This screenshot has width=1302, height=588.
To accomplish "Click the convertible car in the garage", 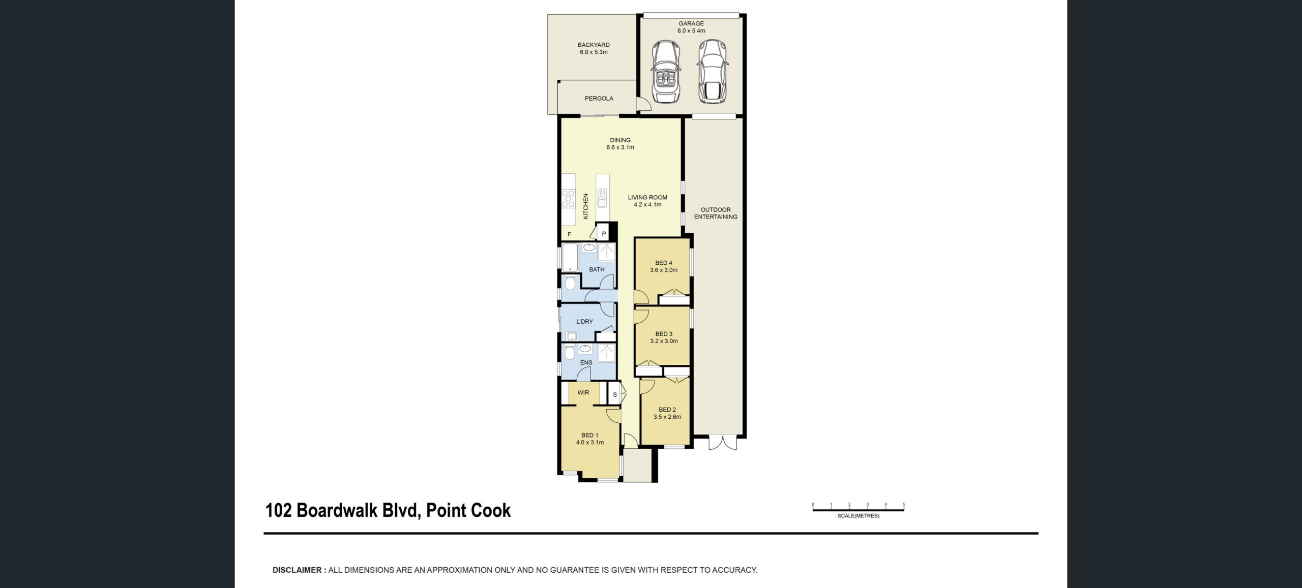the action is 667,71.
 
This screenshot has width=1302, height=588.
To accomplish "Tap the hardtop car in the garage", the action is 712,71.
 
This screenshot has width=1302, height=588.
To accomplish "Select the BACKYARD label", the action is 594,45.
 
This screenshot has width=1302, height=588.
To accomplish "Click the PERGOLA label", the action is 599,99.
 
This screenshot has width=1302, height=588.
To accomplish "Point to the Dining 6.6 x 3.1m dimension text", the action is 620,147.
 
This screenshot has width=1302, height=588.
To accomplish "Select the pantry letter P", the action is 604,234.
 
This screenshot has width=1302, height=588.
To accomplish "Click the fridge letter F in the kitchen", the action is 569,234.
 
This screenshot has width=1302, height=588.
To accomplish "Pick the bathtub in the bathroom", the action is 571,257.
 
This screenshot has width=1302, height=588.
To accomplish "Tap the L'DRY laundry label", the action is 584,322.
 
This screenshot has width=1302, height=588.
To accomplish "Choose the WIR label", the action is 583,393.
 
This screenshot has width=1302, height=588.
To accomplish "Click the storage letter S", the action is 615,395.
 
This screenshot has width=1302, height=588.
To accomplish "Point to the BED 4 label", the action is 664,263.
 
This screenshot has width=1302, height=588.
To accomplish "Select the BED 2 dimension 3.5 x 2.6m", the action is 667,417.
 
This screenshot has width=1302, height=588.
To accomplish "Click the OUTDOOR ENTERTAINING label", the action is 716,213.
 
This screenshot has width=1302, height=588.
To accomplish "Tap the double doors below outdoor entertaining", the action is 723,443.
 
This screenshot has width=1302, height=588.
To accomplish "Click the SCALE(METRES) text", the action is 858,516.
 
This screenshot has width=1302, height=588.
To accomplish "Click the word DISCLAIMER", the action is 297,570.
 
